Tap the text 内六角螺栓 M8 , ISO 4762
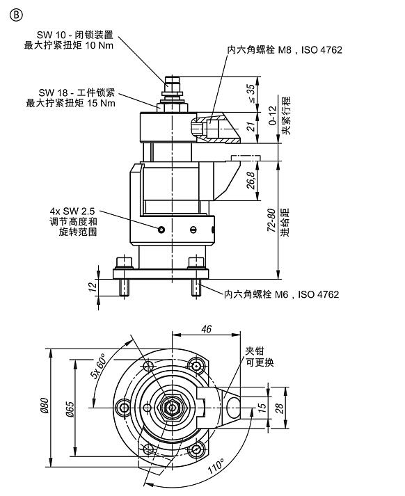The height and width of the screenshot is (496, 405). [285, 50]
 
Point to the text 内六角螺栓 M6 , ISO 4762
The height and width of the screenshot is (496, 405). [281, 294]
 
